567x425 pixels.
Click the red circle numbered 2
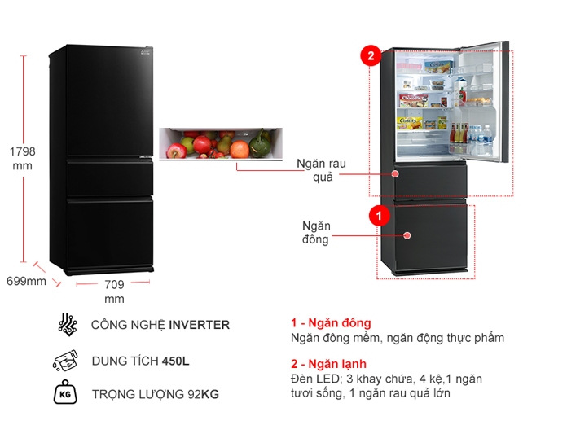(x=371, y=56)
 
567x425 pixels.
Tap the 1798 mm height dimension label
(x=22, y=159)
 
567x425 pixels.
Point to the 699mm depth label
(x=26, y=282)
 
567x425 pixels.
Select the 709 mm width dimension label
(x=114, y=291)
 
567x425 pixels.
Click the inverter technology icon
(x=67, y=324)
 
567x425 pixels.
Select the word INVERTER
(x=199, y=325)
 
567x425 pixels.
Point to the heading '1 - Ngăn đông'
(x=330, y=323)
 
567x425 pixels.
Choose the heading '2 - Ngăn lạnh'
(x=328, y=363)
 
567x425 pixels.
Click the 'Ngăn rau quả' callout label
(x=323, y=171)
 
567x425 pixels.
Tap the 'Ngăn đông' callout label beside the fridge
(x=315, y=232)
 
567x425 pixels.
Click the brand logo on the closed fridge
(x=145, y=53)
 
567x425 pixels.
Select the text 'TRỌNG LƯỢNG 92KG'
(x=155, y=395)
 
